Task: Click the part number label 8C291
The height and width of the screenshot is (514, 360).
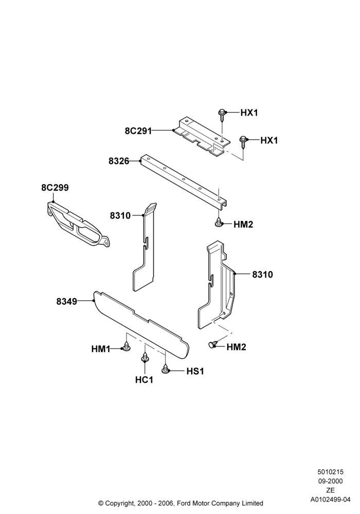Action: pyautogui.click(x=138, y=131)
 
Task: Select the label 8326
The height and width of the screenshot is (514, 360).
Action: pyautogui.click(x=119, y=161)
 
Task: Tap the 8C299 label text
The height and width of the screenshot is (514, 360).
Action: pyautogui.click(x=55, y=188)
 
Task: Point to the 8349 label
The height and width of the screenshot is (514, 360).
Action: pyautogui.click(x=66, y=301)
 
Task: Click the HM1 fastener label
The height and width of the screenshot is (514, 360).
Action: pyautogui.click(x=101, y=350)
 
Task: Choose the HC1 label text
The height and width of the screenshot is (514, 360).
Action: pyautogui.click(x=144, y=380)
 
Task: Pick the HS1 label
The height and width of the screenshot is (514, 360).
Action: pyautogui.click(x=195, y=372)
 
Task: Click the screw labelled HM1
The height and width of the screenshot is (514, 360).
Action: pyautogui.click(x=126, y=347)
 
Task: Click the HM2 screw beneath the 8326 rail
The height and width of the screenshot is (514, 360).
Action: pyautogui.click(x=219, y=223)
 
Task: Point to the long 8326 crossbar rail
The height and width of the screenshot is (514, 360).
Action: pyautogui.click(x=184, y=182)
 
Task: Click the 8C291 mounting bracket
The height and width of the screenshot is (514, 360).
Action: pyautogui.click(x=201, y=135)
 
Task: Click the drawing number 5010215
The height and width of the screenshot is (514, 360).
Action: pyautogui.click(x=330, y=472)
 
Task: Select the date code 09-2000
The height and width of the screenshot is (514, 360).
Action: pyautogui.click(x=330, y=481)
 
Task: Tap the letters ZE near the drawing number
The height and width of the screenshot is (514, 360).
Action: pyautogui.click(x=330, y=490)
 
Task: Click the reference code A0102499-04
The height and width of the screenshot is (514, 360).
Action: pyautogui.click(x=330, y=500)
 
